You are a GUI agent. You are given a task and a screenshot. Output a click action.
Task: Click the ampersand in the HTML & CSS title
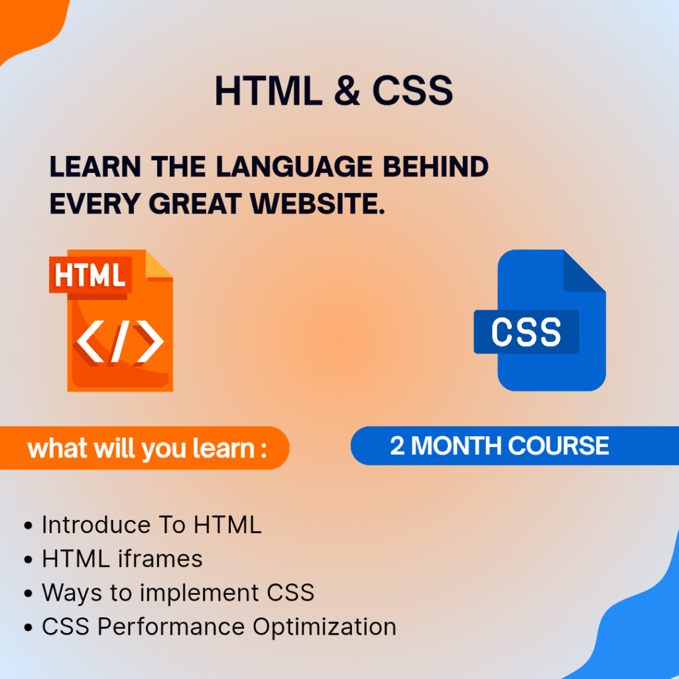[347, 90]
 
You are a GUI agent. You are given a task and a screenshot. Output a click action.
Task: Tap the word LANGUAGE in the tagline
[294, 166]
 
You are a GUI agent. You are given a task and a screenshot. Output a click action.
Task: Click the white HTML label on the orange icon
[90, 275]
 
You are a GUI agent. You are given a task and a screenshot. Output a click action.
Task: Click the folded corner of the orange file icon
[159, 264]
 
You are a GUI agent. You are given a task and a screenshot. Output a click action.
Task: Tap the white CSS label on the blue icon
[526, 332]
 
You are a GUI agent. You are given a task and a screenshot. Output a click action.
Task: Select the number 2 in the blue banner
[397, 446]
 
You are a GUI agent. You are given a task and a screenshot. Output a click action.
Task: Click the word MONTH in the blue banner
[456, 446]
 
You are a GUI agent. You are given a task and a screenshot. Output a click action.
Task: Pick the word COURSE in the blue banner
[558, 446]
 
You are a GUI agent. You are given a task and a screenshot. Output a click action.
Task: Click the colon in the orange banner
[264, 450]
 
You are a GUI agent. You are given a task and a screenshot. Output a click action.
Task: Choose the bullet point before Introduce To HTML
[28, 526]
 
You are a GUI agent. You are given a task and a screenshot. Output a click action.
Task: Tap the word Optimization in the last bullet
[324, 627]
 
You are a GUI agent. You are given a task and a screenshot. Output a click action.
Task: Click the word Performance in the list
[171, 627]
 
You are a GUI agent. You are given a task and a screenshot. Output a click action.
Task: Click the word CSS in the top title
[412, 90]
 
